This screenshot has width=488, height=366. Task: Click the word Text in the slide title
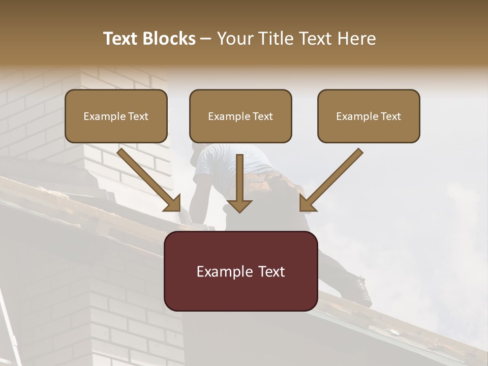tap(120, 39)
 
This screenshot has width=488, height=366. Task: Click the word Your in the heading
tap(234, 39)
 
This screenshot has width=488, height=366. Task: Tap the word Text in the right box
tap(390, 116)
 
